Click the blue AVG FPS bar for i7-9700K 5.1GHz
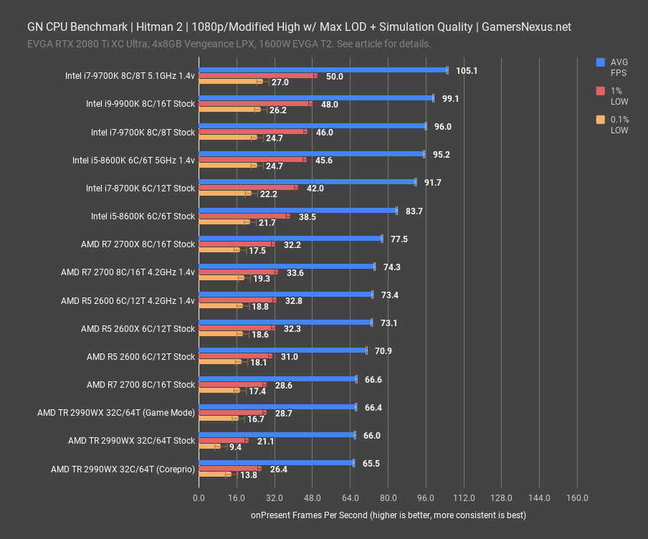(x=323, y=70)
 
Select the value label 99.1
(x=451, y=99)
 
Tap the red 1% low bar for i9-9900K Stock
(x=255, y=104)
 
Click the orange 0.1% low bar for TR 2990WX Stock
(x=208, y=447)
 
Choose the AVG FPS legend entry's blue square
(x=601, y=62)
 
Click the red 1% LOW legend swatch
(x=601, y=91)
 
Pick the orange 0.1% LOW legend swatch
(x=601, y=120)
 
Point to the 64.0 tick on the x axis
(x=350, y=498)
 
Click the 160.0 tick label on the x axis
(x=577, y=498)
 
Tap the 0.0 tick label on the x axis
(x=199, y=498)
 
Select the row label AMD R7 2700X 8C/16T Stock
(x=138, y=244)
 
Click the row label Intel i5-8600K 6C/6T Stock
(x=143, y=216)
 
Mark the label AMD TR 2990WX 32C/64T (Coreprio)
(x=123, y=469)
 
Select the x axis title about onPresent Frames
(x=388, y=515)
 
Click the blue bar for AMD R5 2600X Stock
(x=285, y=323)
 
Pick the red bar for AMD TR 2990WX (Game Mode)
(x=232, y=413)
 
